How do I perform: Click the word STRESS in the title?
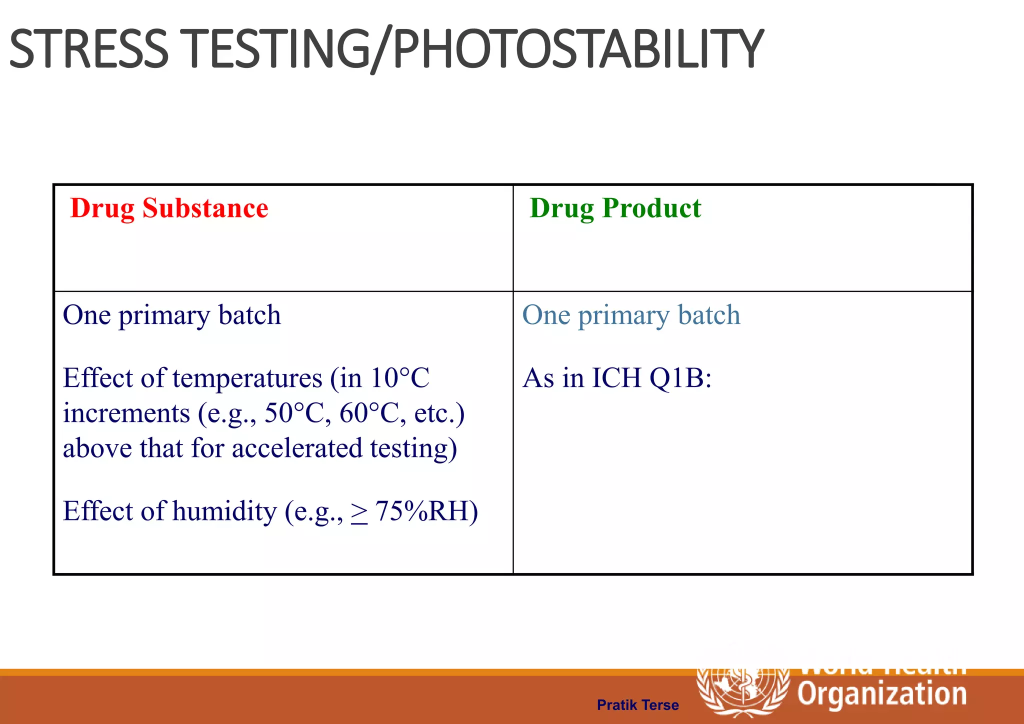pyautogui.click(x=89, y=49)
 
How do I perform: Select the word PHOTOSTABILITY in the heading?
pyautogui.click(x=577, y=49)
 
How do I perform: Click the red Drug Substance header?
pyautogui.click(x=169, y=208)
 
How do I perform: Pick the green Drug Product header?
pyautogui.click(x=615, y=208)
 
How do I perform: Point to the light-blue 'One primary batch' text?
pyautogui.click(x=631, y=315)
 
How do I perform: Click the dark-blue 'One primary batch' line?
pyautogui.click(x=171, y=315)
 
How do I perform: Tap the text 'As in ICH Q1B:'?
pyautogui.click(x=616, y=377)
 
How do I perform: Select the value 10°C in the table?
pyautogui.click(x=399, y=377)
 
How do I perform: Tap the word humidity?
pyautogui.click(x=224, y=511)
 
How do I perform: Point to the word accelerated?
pyautogui.click(x=297, y=448)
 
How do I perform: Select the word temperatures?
pyautogui.click(x=247, y=378)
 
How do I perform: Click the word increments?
pyautogui.click(x=126, y=413)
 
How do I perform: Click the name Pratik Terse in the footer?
pyautogui.click(x=637, y=705)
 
